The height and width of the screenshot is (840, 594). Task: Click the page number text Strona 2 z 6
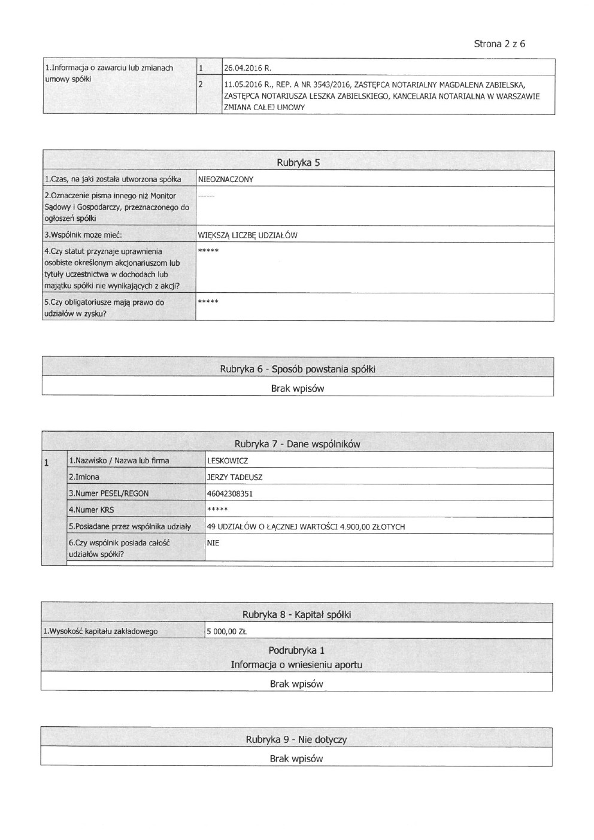[499, 44]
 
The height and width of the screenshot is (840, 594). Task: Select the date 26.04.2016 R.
[247, 68]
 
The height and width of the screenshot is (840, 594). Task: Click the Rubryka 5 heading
[298, 162]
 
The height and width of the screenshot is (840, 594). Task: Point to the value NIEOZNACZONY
[226, 179]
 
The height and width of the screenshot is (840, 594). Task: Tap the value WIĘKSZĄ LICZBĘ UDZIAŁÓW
[247, 235]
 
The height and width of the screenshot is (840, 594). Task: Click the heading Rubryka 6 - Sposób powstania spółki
[297, 369]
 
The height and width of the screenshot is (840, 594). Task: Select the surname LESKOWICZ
[227, 461]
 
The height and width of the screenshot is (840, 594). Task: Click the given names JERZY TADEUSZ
[235, 478]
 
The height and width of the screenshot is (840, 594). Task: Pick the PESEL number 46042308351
[230, 494]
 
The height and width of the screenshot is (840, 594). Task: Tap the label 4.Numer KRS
[91, 510]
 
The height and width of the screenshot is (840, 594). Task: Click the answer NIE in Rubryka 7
[213, 543]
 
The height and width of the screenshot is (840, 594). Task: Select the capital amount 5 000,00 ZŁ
[227, 631]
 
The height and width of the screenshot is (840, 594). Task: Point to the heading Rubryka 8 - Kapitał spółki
[296, 614]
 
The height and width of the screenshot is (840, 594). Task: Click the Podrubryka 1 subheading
[296, 650]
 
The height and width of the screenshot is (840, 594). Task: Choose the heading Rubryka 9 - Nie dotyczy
[296, 739]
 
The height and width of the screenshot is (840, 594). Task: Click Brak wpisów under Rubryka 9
[296, 759]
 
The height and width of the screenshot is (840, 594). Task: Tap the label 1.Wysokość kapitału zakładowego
[100, 631]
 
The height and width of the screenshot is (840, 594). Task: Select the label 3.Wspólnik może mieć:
[83, 235]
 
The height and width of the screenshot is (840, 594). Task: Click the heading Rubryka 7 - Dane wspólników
[297, 444]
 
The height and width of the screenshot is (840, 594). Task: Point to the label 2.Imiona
[84, 478]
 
